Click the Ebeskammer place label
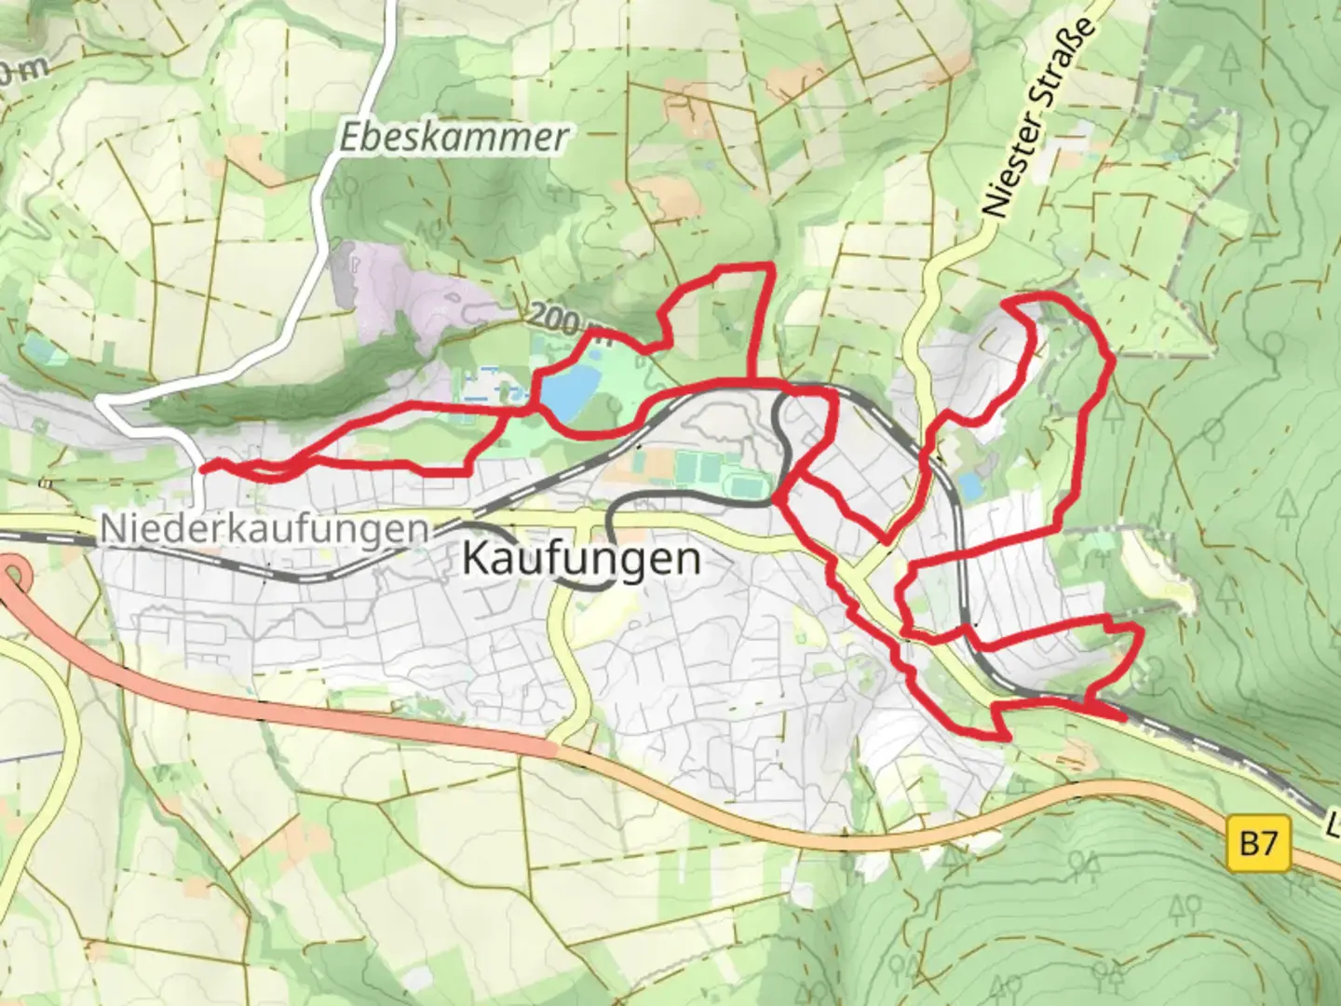click(453, 138)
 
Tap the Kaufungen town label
click(581, 559)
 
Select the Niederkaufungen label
click(264, 529)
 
